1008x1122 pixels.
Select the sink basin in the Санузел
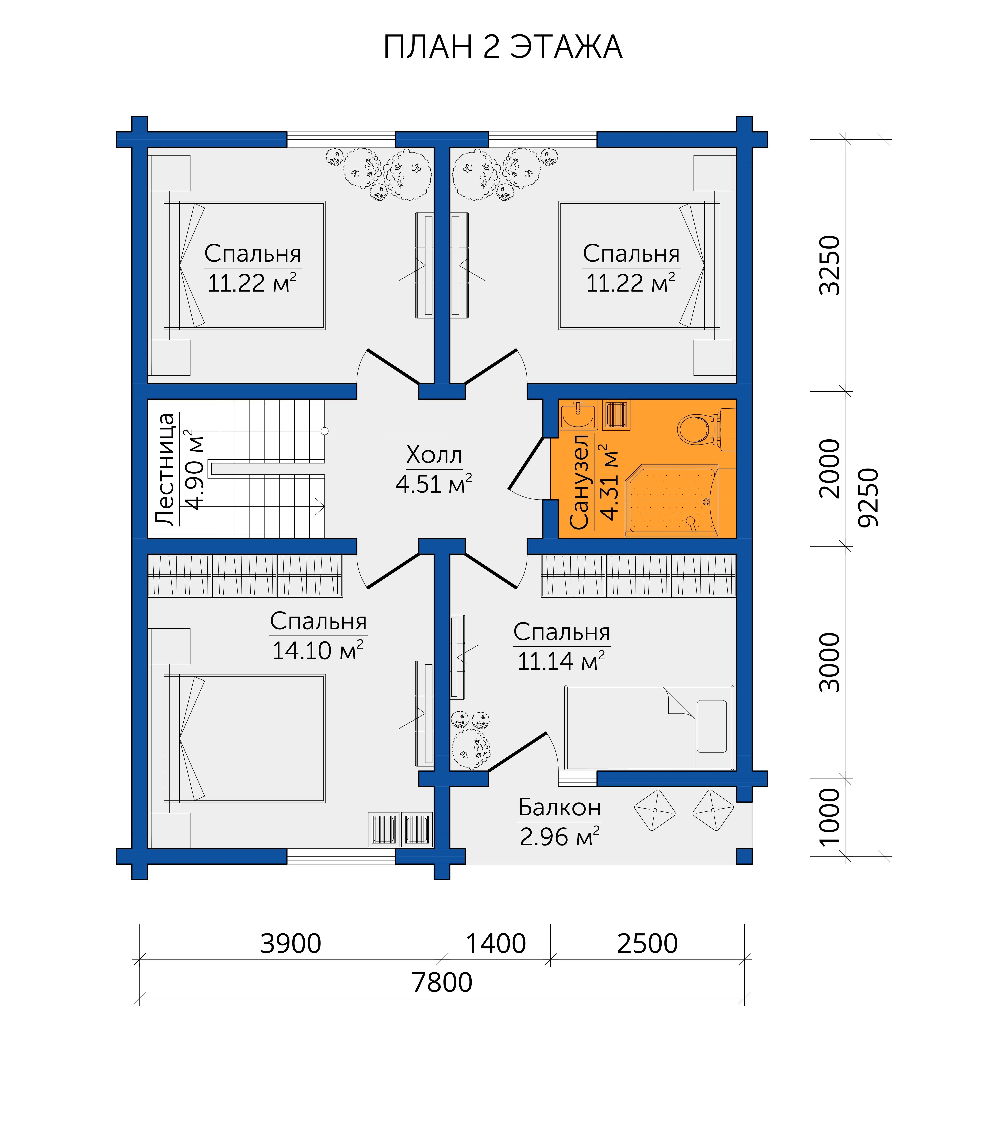coord(578,416)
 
